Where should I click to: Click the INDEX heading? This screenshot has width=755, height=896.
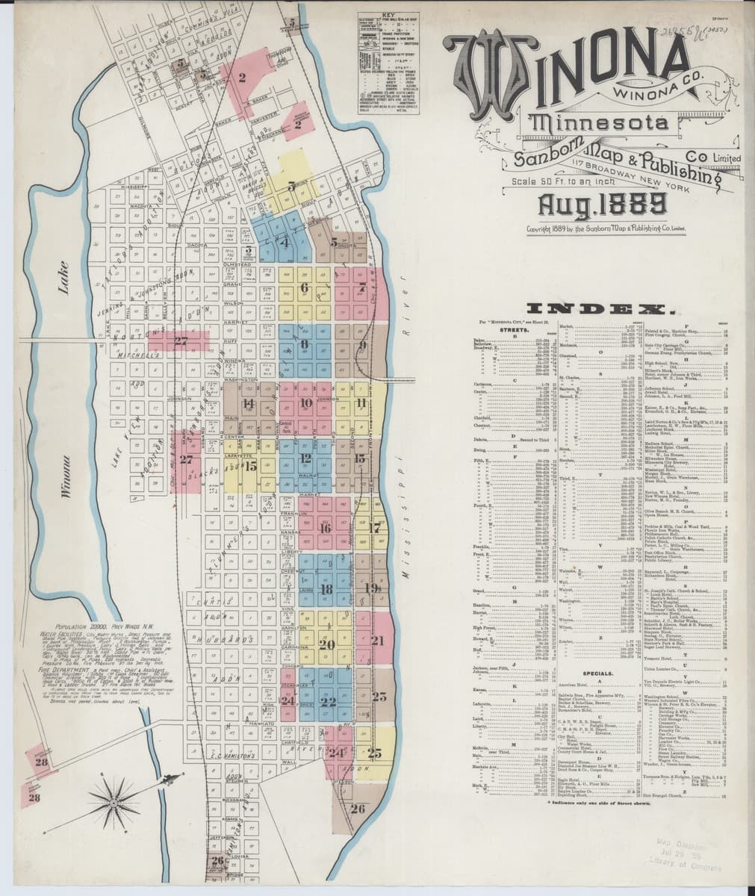(x=600, y=308)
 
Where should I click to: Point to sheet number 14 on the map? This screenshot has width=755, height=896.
(x=249, y=404)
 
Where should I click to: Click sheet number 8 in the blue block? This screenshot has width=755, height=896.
(x=305, y=344)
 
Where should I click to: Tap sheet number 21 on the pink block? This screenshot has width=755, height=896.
(x=377, y=640)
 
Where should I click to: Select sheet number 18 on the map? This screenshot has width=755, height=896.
(x=326, y=589)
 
